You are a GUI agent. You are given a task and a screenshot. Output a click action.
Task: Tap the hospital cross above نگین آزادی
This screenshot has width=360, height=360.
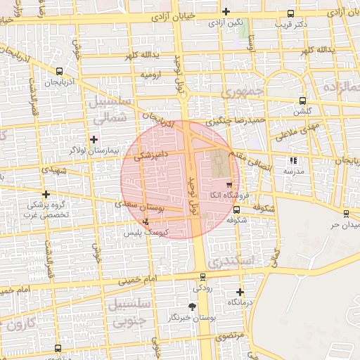click(226, 11)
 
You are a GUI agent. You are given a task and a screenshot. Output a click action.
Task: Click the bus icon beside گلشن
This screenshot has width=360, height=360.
click(302, 101)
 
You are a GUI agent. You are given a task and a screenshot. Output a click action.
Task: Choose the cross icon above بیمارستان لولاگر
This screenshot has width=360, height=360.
click(94, 139)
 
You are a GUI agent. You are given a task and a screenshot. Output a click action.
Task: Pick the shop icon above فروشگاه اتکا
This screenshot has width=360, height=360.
click(229, 184)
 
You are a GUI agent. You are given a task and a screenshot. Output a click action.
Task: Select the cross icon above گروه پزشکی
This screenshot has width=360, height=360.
click(46, 193)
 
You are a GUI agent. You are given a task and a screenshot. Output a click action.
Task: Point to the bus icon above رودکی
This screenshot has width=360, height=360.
click(203, 277)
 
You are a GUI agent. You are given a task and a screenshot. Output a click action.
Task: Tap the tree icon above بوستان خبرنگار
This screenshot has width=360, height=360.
click(193, 307)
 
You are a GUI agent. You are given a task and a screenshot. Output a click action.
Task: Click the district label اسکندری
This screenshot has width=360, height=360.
click(242, 262)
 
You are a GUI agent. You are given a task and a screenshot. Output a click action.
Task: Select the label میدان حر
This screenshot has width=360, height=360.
click(345, 224)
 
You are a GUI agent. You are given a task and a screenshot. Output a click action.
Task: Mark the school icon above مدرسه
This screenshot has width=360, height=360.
click(293, 160)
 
